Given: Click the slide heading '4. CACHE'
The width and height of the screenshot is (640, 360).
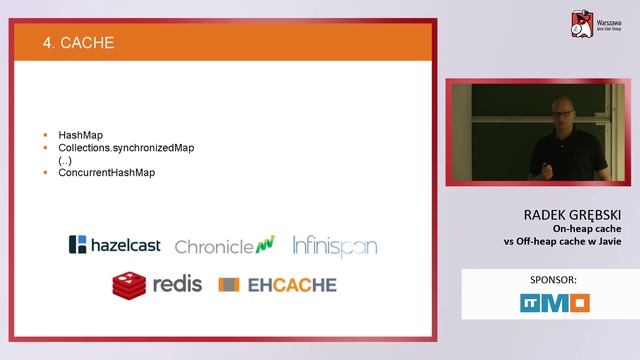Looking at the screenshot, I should (79, 43).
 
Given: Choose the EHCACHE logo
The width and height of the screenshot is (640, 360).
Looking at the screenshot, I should (278, 285).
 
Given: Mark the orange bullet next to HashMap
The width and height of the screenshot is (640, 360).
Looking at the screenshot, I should (47, 134).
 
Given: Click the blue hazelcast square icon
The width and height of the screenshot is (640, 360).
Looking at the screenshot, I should (76, 244).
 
